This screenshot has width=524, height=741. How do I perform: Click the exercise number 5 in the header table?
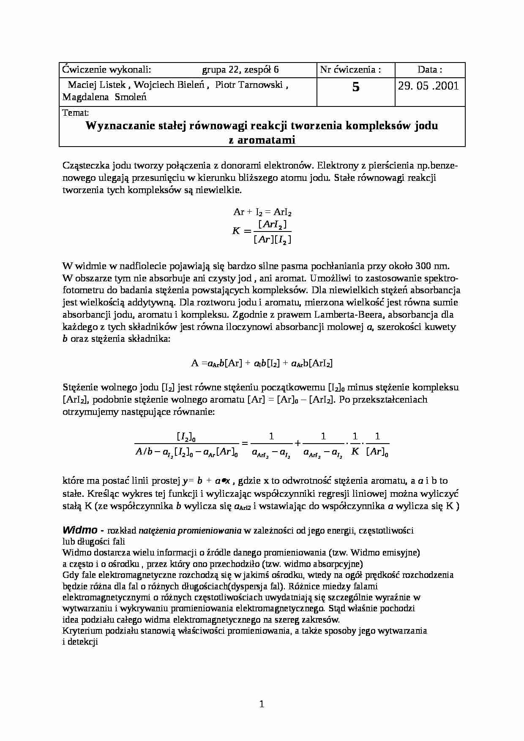coord(356,87)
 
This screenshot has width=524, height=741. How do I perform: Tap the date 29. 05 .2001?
coord(428,86)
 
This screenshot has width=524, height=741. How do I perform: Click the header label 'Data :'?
coord(430,70)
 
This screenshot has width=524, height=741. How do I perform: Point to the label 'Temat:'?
coord(75,113)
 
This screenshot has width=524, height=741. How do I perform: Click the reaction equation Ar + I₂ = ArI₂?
coord(262,212)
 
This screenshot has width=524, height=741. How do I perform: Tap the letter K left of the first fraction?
coord(236,231)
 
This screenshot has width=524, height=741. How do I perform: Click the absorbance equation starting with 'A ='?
coord(262,363)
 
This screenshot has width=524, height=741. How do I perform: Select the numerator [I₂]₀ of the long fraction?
coord(186,436)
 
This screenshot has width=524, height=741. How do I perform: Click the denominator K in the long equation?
coord(355,452)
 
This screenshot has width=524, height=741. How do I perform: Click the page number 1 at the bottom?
coord(262,704)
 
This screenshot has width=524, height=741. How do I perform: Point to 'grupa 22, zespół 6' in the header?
coord(240,70)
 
